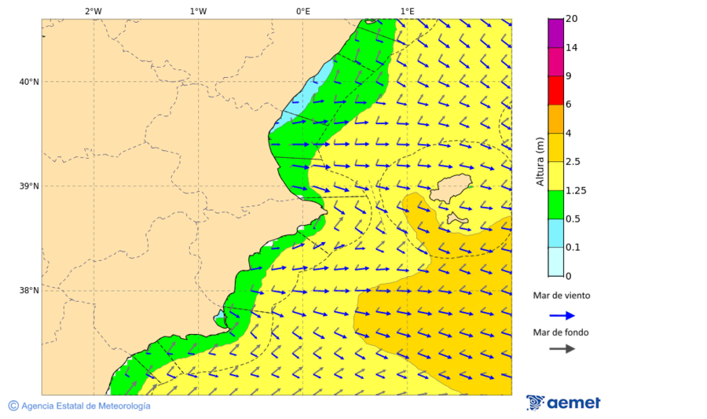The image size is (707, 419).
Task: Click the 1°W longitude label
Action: (198, 11)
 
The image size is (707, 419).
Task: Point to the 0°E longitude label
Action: (302, 11)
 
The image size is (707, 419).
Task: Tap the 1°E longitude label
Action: (407, 11)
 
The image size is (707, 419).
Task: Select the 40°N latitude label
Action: (29, 82)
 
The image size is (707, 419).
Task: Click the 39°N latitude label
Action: (29, 186)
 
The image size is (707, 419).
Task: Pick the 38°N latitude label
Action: (29, 291)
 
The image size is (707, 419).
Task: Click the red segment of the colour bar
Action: (555, 90)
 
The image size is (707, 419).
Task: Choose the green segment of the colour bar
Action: (555, 204)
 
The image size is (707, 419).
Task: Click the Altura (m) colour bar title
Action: (540, 162)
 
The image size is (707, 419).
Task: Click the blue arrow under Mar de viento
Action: (562, 315)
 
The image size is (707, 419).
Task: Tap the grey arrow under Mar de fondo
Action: (562, 348)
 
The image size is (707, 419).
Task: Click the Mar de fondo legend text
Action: (562, 333)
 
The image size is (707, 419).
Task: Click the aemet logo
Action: (563, 402)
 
